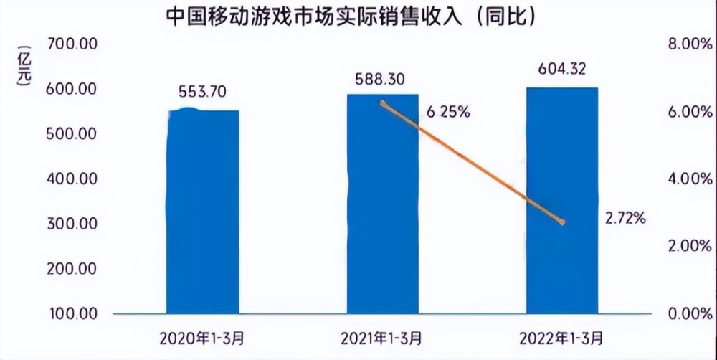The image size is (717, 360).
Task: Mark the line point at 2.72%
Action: tap(563, 222)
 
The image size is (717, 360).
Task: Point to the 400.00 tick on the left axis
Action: tap(72, 179)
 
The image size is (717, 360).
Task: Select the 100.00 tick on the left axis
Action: tap(72, 314)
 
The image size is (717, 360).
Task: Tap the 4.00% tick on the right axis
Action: tap(688, 179)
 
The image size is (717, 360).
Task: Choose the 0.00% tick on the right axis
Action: tap(688, 314)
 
